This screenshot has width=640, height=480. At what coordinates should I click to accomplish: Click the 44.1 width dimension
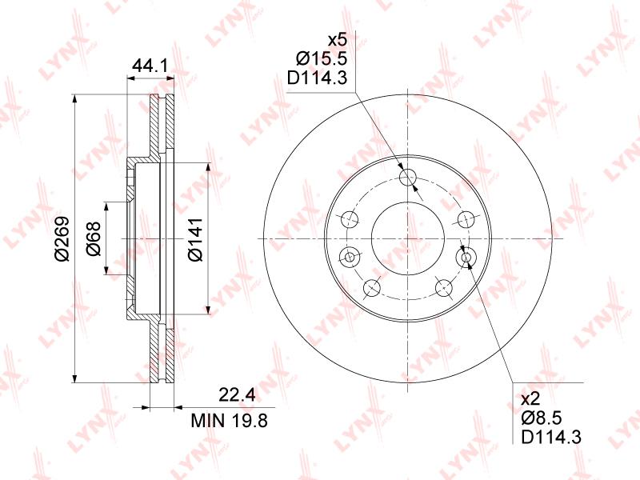coord(150,66)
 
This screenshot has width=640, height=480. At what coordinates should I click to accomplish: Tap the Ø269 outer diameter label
coord(62,238)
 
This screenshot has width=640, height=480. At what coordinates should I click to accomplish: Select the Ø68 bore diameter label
coord(94,238)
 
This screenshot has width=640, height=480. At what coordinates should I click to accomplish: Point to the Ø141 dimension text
coord(195,238)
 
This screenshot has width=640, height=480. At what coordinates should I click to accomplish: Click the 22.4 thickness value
coord(237,395)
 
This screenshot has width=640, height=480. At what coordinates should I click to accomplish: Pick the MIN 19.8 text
coord(230,420)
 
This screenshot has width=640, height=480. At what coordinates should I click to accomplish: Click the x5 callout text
coord(338,41)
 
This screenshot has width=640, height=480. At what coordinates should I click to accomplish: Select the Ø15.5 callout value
coord(322,58)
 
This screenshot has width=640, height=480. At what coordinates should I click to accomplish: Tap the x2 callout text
coord(531,398)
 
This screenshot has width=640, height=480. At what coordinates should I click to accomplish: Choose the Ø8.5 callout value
coord(542,417)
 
